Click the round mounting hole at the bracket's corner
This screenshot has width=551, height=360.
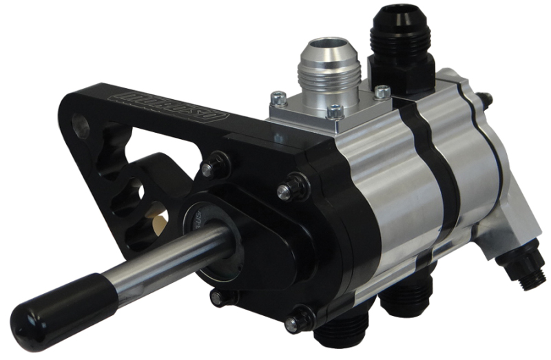[81, 127]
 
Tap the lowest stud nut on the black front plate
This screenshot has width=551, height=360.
[300, 321]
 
